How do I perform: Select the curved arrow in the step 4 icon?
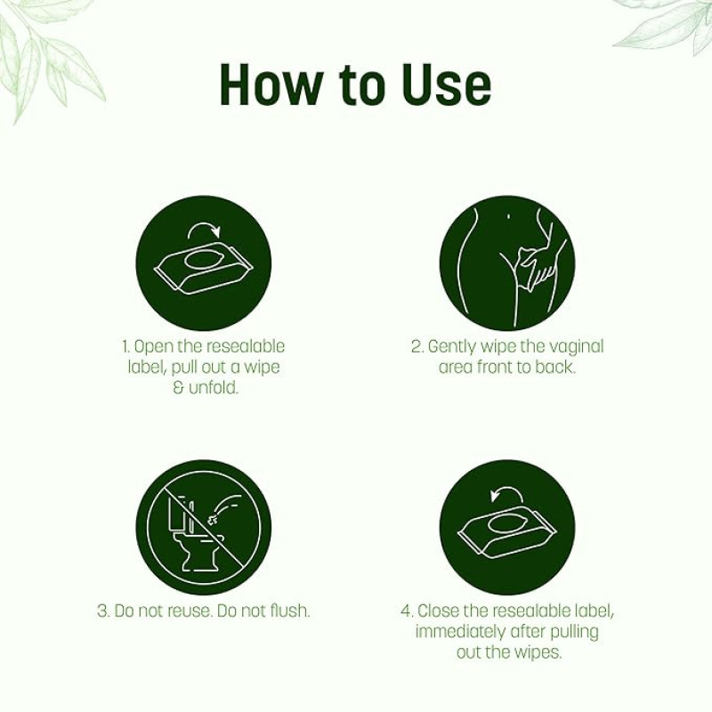click(x=506, y=494)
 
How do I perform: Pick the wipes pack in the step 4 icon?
click(x=507, y=534)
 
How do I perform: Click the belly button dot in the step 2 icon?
click(x=508, y=216)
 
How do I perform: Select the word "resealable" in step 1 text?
click(x=246, y=346)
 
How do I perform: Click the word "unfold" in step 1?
click(x=213, y=388)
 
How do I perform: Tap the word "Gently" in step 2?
click(x=452, y=347)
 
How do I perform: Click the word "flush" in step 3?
click(x=290, y=611)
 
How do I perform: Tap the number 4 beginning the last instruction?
click(x=405, y=611)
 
